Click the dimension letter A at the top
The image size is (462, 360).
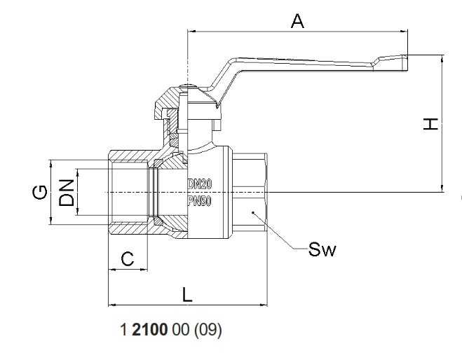[x=297, y=21]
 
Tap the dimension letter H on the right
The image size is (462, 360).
[x=430, y=124]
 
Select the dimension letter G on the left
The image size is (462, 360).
[x=39, y=192]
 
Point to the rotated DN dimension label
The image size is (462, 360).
[x=66, y=192]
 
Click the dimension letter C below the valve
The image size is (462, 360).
[x=128, y=259]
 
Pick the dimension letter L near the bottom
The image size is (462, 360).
[x=187, y=295]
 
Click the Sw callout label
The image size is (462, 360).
[x=322, y=249]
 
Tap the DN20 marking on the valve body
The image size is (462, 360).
[x=200, y=184]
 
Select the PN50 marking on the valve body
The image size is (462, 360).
[x=200, y=201]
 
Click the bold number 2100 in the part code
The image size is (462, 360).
[x=150, y=329]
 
